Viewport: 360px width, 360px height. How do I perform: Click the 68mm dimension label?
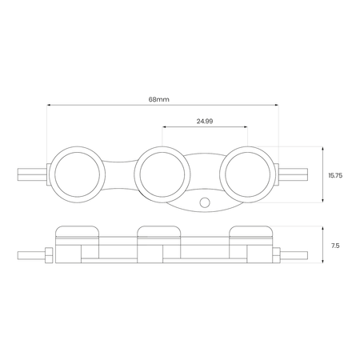coord(159,99)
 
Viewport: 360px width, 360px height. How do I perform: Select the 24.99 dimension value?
coord(205,122)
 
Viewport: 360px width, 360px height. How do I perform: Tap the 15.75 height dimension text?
coord(335,175)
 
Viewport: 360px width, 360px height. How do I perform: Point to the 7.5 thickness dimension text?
coord(335,246)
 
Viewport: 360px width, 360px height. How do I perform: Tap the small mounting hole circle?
coord(205,202)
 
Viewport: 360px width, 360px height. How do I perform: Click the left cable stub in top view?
coord(32,174)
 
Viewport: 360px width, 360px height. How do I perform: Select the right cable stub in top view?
coord(294,174)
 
